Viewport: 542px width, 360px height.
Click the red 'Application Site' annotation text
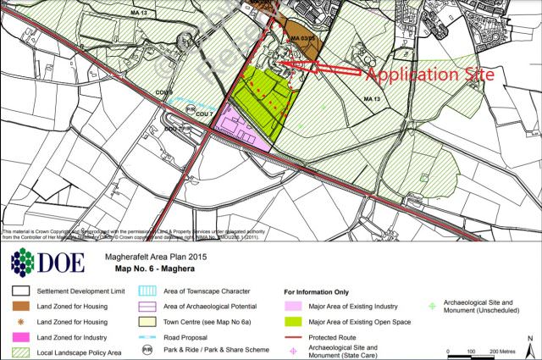pyautogui.click(x=429, y=75)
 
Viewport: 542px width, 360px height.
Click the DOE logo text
pyautogui.click(x=59, y=262)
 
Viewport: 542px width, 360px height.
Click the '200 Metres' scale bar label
pyautogui.click(x=497, y=350)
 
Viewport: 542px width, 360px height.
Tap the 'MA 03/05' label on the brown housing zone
pyautogui.click(x=302, y=39)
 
